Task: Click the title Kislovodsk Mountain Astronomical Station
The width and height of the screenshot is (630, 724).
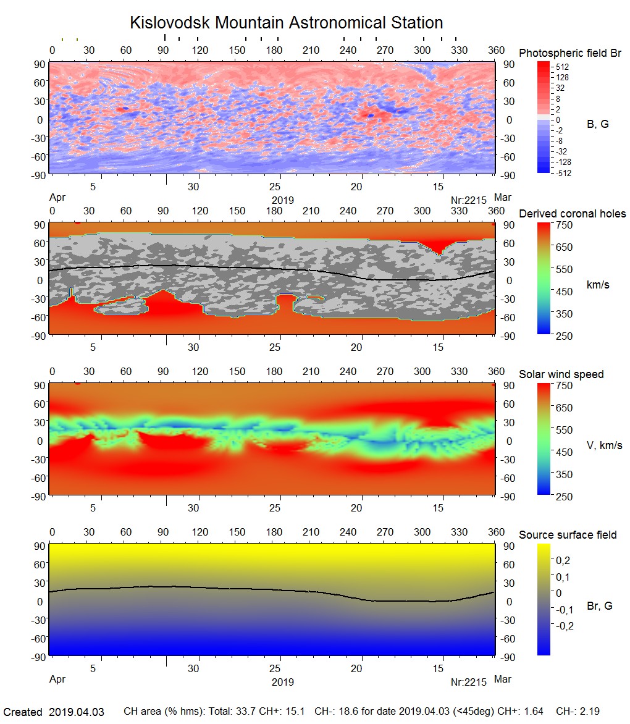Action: [x=286, y=23]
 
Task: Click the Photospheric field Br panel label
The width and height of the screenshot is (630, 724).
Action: [x=570, y=53]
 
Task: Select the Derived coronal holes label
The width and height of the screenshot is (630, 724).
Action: [x=572, y=214]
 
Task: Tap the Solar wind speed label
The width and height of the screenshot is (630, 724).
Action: [x=561, y=374]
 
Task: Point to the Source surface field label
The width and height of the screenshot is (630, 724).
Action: [x=567, y=535]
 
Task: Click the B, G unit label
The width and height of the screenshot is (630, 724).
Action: [x=597, y=124]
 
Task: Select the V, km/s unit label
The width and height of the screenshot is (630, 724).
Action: [x=604, y=445]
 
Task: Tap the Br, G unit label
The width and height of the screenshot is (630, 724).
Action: [x=599, y=606]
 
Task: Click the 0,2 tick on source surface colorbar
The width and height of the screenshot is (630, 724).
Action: [x=563, y=560]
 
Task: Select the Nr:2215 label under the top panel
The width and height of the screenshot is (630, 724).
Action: [x=469, y=200]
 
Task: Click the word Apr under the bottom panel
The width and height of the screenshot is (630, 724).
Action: [x=57, y=680]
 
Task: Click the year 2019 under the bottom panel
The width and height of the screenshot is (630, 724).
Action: [x=282, y=682]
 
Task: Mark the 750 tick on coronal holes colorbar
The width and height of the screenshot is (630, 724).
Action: [x=565, y=225]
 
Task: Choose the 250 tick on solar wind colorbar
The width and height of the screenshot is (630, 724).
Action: [x=565, y=496]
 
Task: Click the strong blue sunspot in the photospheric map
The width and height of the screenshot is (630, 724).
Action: [x=370, y=115]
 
